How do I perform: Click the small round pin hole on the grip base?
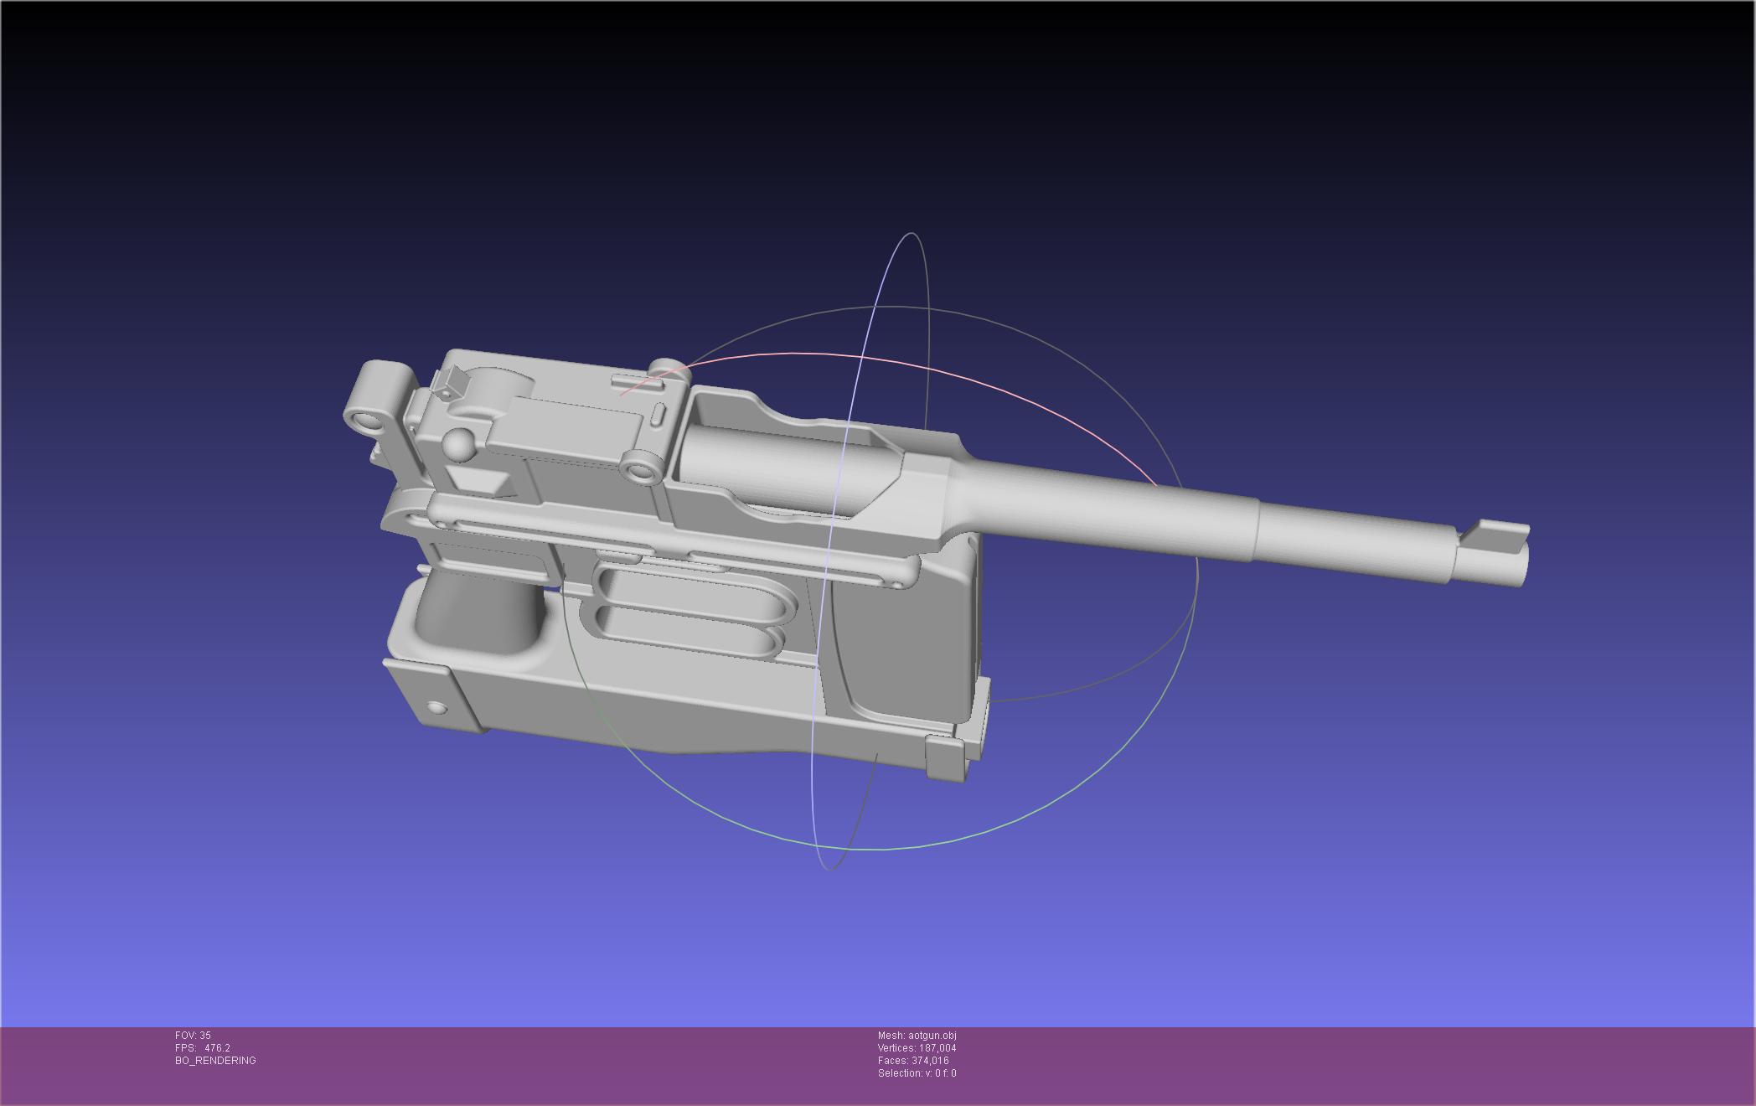pyautogui.click(x=436, y=708)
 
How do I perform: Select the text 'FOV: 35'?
pyautogui.click(x=193, y=1036)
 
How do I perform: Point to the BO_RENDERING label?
pyautogui.click(x=215, y=1061)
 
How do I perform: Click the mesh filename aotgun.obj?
pyautogui.click(x=932, y=1036)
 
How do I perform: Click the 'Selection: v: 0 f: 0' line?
pyautogui.click(x=917, y=1073)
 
